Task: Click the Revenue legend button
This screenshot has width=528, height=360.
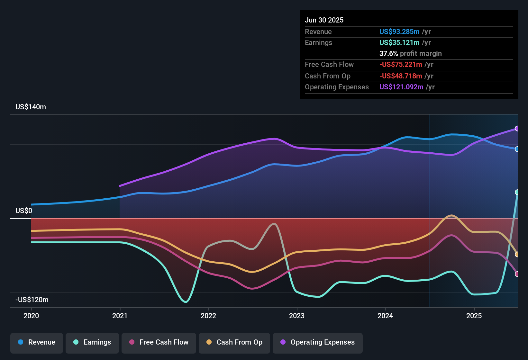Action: click(37, 342)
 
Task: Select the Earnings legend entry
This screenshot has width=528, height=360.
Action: click(92, 342)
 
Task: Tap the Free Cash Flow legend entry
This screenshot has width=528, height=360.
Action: click(159, 342)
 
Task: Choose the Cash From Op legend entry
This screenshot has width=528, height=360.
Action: click(234, 342)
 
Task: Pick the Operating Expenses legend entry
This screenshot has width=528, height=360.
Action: click(318, 342)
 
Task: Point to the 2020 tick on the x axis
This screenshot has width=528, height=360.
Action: click(31, 316)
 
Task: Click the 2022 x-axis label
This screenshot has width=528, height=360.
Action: click(208, 316)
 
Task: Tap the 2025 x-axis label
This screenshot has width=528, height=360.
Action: click(474, 316)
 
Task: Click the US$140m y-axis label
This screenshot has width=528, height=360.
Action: click(31, 107)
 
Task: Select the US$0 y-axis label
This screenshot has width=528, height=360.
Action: click(24, 211)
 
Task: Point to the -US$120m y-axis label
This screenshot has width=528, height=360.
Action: click(32, 300)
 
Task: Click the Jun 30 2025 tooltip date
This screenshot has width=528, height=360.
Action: click(324, 20)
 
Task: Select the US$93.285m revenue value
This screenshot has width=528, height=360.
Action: click(399, 32)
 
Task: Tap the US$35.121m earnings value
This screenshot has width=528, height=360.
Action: click(399, 43)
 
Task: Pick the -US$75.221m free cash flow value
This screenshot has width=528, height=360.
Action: click(401, 65)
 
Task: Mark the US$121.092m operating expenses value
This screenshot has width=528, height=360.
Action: click(401, 87)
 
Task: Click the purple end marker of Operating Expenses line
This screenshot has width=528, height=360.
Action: click(517, 129)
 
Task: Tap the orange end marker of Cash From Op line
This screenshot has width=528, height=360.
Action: click(517, 255)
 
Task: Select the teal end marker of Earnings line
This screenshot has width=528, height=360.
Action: click(517, 192)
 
